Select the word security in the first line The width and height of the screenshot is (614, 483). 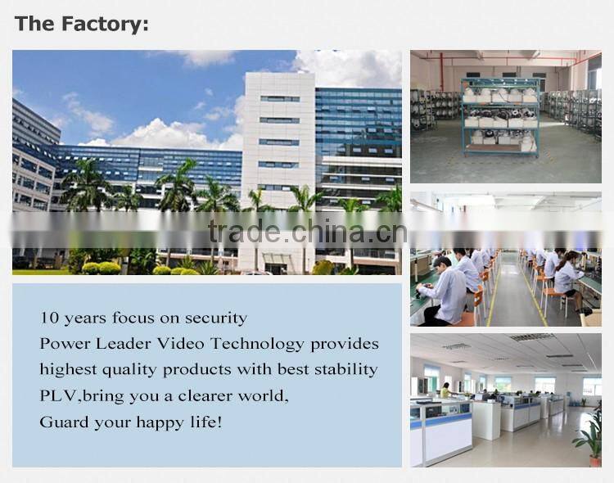click(x=216, y=318)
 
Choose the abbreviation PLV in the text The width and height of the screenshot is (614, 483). click(x=56, y=396)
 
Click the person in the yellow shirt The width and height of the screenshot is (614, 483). click(x=445, y=390)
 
